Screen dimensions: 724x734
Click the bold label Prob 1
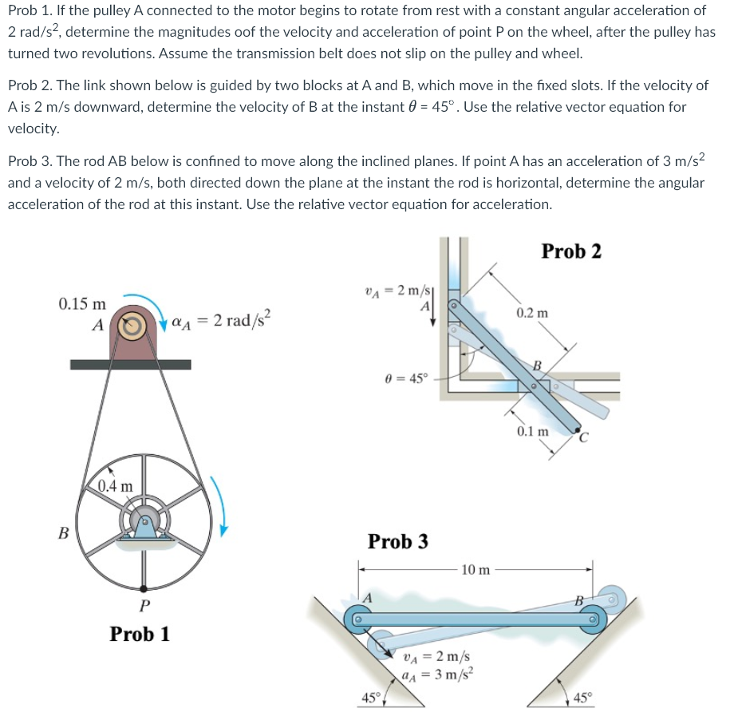click(x=140, y=635)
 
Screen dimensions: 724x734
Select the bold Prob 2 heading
click(x=571, y=251)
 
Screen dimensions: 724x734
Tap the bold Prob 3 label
click(x=397, y=541)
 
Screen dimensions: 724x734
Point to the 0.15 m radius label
click(x=82, y=304)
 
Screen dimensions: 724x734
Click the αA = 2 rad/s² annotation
click(x=223, y=322)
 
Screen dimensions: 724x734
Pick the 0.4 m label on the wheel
click(x=116, y=485)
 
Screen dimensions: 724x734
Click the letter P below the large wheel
click(x=143, y=606)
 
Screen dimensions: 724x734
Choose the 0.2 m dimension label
click(x=531, y=312)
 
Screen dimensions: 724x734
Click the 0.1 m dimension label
click(x=532, y=432)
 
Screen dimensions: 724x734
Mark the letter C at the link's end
click(x=583, y=436)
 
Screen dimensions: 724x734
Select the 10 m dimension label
click(x=476, y=569)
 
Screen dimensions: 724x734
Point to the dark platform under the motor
click(x=130, y=365)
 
